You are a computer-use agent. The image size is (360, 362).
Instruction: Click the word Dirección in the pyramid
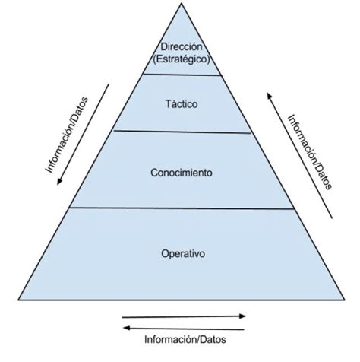[x=182, y=46]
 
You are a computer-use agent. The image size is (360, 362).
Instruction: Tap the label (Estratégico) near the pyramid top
[x=182, y=59]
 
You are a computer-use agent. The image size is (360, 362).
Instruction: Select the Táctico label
[x=182, y=104]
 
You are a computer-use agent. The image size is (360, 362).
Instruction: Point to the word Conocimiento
[x=182, y=173]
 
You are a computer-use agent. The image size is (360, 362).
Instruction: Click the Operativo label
[x=183, y=254]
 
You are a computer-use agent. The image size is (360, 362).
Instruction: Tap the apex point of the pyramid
[x=182, y=3]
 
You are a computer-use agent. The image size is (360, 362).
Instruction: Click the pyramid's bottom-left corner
[x=18, y=300]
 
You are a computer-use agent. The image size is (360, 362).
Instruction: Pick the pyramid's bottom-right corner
[x=345, y=300]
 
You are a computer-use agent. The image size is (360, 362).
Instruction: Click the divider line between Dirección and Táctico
[x=182, y=75]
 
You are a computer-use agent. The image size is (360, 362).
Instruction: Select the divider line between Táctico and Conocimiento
[x=182, y=132]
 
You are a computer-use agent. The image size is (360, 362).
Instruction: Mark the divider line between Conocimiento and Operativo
[x=182, y=208]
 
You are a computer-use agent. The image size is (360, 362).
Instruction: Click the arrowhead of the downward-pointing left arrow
[x=59, y=182]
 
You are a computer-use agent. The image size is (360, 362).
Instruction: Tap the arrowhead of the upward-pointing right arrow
[x=270, y=96]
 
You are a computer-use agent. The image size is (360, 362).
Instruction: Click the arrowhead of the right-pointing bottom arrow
[x=243, y=316]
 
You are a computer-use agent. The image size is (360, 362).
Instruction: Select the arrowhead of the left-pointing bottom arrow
[x=126, y=328]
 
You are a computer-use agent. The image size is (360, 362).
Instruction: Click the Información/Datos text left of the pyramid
[x=67, y=135]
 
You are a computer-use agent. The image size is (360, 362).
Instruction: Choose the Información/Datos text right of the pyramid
[x=310, y=152]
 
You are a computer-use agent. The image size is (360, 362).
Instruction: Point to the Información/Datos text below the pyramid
[x=185, y=339]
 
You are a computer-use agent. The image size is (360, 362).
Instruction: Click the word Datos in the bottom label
[x=213, y=339]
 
